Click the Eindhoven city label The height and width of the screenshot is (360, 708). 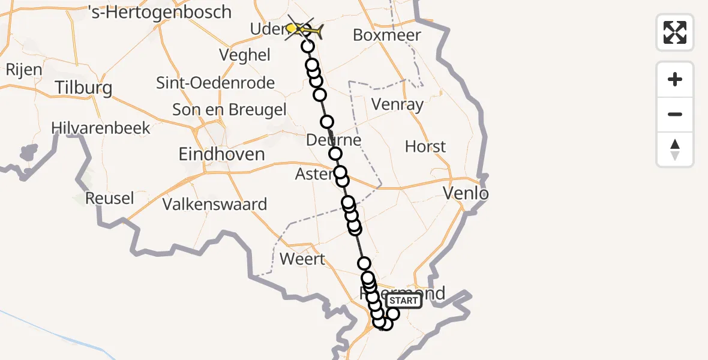click(x=222, y=154)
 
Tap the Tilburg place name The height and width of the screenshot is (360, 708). click(x=83, y=88)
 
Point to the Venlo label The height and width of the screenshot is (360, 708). click(x=465, y=193)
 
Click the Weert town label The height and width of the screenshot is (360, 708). click(x=303, y=259)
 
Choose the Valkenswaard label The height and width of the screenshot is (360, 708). click(x=215, y=204)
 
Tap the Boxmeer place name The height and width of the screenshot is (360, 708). click(x=387, y=35)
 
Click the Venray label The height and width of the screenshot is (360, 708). click(x=397, y=104)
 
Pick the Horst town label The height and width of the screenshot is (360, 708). click(x=425, y=146)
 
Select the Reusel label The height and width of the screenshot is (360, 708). click(x=109, y=198)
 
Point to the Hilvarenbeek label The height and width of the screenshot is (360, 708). click(x=101, y=128)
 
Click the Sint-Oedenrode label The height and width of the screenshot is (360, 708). click(x=215, y=83)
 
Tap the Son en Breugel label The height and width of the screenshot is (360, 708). click(x=229, y=110)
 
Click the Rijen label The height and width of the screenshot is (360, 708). click(x=24, y=70)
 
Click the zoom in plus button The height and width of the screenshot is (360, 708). click(x=675, y=79)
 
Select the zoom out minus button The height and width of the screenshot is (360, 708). click(x=675, y=114)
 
